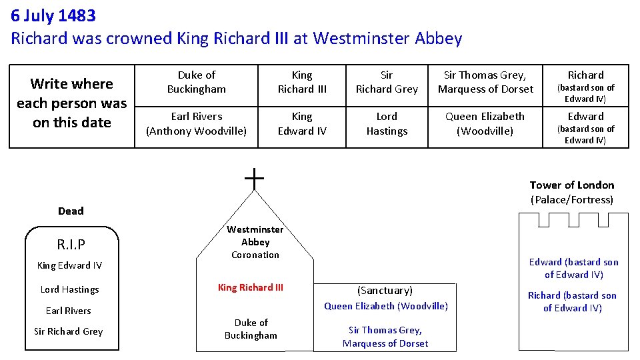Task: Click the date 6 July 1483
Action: pyautogui.click(x=53, y=15)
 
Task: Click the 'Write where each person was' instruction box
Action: pyautogui.click(x=72, y=103)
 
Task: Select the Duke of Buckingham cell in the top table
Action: pyautogui.click(x=196, y=82)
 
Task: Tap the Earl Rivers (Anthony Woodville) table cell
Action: pyautogui.click(x=196, y=123)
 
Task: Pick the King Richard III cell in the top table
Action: pyautogui.click(x=302, y=82)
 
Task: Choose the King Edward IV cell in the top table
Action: pyautogui.click(x=302, y=123)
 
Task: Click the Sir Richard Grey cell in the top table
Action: pyautogui.click(x=387, y=82)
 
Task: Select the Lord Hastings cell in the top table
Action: pyautogui.click(x=387, y=123)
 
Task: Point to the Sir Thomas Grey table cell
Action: pyautogui.click(x=485, y=82)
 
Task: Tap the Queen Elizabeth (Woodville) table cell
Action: pyautogui.click(x=485, y=123)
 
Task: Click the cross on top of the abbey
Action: pyautogui.click(x=254, y=178)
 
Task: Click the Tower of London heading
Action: pyautogui.click(x=572, y=185)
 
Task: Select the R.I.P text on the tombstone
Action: pyautogui.click(x=72, y=243)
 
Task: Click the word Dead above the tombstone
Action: pyautogui.click(x=71, y=211)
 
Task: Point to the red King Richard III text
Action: pyautogui.click(x=251, y=287)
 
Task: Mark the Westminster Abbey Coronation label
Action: pyautogui.click(x=255, y=242)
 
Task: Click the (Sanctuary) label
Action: pyautogui.click(x=385, y=291)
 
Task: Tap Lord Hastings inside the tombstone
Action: pyautogui.click(x=69, y=289)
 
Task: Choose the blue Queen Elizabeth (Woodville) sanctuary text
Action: pyautogui.click(x=386, y=306)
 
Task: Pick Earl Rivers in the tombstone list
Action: pyautogui.click(x=69, y=311)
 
